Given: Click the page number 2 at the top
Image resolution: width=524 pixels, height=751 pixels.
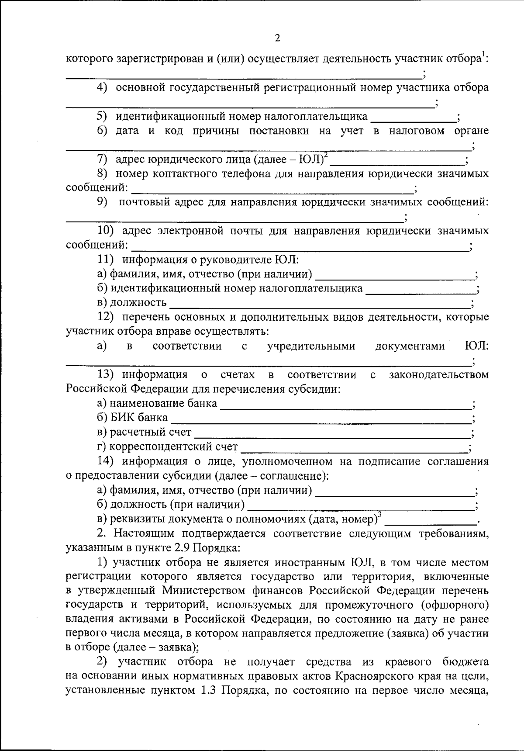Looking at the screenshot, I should point(277,38).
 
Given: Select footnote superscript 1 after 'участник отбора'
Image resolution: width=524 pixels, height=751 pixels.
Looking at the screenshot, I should point(483,54).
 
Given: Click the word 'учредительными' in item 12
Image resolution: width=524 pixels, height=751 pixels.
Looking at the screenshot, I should point(311,346).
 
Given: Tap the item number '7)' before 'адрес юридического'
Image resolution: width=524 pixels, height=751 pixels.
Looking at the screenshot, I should point(102,159).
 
